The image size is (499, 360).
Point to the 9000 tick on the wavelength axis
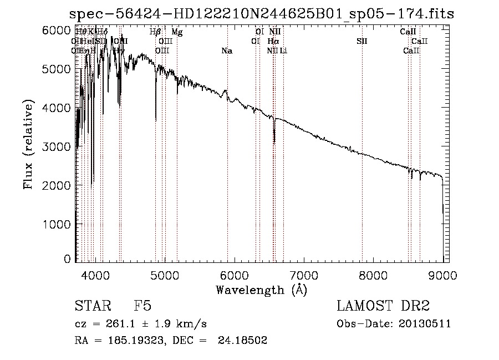[442, 275]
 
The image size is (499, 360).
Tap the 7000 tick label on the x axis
[303, 275]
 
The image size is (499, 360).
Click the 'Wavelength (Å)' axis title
[261, 290]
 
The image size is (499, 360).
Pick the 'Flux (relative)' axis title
[29, 145]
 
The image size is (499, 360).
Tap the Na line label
[226, 51]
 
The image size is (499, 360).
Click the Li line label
[283, 51]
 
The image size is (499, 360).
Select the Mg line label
[177, 32]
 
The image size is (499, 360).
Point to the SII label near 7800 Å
[362, 42]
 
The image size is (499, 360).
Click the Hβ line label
[155, 32]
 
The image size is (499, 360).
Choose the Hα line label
[273, 42]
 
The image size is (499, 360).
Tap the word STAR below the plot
[90, 307]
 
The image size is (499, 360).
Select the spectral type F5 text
[142, 307]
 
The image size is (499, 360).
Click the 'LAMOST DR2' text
[383, 307]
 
